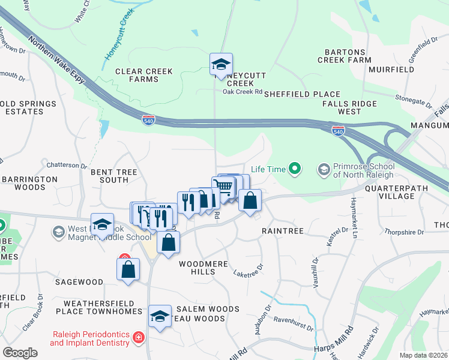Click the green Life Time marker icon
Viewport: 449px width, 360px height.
[x=294, y=169]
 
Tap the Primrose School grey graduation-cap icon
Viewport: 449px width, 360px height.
[x=324, y=170]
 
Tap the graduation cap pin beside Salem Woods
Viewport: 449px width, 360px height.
[x=160, y=316]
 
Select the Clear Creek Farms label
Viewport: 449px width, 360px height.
[x=144, y=75]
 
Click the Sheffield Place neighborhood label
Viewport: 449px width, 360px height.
[x=302, y=94]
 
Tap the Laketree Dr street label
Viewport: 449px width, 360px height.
[x=248, y=271]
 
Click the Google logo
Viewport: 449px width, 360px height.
[x=20, y=353]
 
